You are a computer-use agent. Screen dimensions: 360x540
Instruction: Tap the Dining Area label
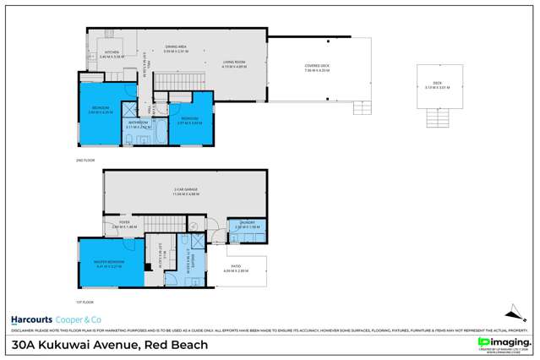tap(174, 49)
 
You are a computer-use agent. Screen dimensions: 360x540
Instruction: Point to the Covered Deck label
tap(318, 68)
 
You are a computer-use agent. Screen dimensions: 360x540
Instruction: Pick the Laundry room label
tap(243, 226)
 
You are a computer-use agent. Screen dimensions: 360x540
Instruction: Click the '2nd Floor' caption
tap(83, 158)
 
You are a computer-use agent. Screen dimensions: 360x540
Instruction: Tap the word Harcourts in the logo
tap(32, 320)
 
